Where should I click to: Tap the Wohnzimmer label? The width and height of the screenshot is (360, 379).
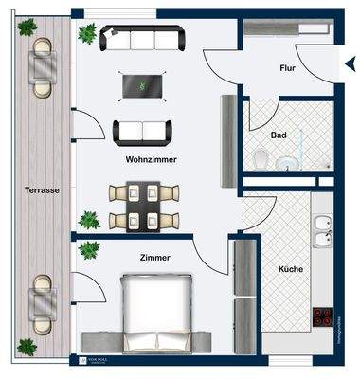click(x=151, y=160)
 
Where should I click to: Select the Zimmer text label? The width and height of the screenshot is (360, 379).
click(x=153, y=258)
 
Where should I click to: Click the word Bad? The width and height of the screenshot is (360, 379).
click(x=279, y=135)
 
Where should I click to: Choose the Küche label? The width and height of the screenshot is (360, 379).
click(x=291, y=270)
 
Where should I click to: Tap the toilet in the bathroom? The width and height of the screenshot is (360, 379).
click(x=261, y=160)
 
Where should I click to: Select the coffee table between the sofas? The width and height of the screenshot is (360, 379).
click(x=142, y=86)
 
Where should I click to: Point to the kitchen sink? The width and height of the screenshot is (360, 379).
click(x=323, y=227)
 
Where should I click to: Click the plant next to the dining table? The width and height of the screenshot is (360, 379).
click(x=89, y=221)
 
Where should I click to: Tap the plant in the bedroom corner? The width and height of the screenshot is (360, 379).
click(x=90, y=250)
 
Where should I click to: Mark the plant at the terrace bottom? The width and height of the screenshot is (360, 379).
click(x=27, y=347)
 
